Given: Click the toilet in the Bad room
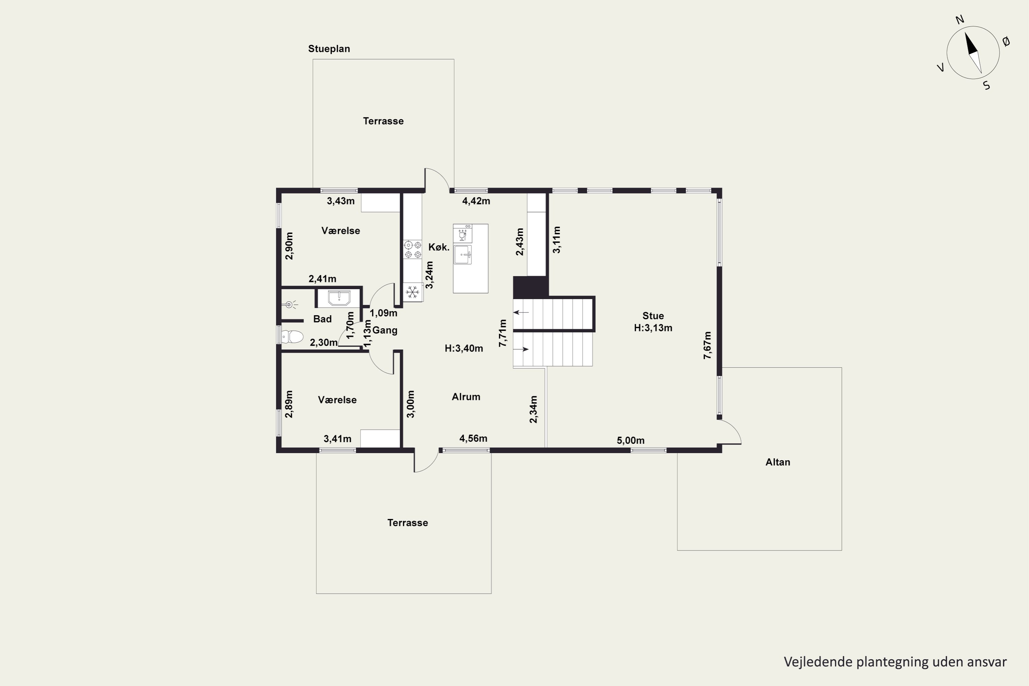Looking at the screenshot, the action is pos(292,336).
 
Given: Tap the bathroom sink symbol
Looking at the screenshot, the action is pos(339,298).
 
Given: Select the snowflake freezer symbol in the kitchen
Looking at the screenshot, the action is pos(412,292).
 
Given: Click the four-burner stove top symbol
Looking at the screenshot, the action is pos(413,249).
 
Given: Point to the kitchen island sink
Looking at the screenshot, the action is pos(462,255).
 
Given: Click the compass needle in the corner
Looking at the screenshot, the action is pos(973,52).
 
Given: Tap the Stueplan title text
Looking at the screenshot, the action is pos(329,49).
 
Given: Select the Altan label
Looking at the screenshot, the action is pos(778,462).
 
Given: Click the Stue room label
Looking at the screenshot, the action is pos(653,316).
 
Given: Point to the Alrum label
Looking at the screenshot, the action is pos(466,397).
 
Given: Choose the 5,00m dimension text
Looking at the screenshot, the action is pos(630,440).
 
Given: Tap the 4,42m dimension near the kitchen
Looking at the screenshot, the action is pos(476,201).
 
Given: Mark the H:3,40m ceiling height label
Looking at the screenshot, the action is pos(464,348).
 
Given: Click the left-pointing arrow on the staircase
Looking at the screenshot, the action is pos(521,312).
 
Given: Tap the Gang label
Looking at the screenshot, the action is pos(385,330).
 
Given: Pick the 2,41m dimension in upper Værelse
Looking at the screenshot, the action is pos(322,279).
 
